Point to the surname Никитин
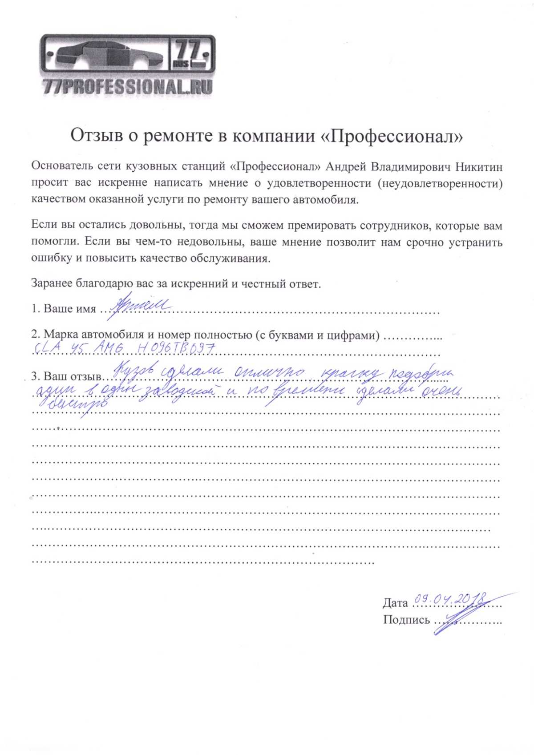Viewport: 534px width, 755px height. pyautogui.click(x=479, y=167)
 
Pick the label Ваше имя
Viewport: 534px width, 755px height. pyautogui.click(x=70, y=308)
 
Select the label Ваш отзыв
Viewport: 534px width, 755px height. pyautogui.click(x=73, y=376)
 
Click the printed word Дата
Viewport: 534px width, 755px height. pyautogui.click(x=395, y=603)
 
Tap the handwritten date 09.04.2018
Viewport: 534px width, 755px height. pyautogui.click(x=449, y=600)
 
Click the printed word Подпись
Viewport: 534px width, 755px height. pyautogui.click(x=406, y=620)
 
